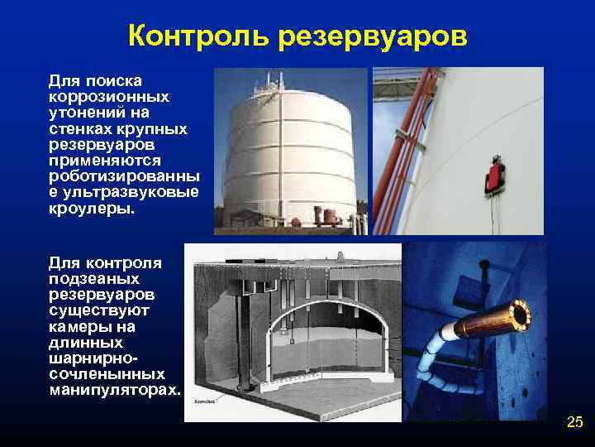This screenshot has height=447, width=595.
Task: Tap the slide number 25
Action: (574, 423)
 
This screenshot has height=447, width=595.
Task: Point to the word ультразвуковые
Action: (123, 194)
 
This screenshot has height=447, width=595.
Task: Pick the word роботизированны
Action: (124, 177)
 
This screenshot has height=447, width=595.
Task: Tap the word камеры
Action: (78, 326)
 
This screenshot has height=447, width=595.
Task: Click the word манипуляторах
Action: (114, 390)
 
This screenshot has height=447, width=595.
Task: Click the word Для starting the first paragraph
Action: (63, 80)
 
